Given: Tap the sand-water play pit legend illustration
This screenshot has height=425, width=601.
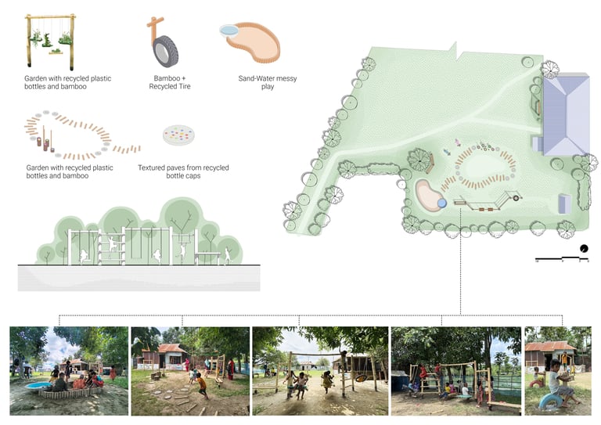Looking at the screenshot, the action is click(x=250, y=44).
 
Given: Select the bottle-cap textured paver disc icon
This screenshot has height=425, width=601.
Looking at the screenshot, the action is click(x=181, y=135).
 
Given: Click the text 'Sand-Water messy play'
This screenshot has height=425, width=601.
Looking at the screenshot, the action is click(x=267, y=82).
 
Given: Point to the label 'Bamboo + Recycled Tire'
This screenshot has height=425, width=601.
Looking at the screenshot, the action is click(x=169, y=82).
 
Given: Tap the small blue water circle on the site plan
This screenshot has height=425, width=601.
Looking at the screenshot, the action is click(x=441, y=203).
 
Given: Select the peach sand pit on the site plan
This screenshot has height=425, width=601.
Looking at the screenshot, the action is click(x=426, y=195).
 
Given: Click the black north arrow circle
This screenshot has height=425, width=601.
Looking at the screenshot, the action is click(x=583, y=250).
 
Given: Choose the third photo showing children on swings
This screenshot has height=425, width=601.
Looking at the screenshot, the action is click(x=319, y=370).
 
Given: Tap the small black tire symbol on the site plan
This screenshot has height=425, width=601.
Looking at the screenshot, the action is click(x=516, y=199).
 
